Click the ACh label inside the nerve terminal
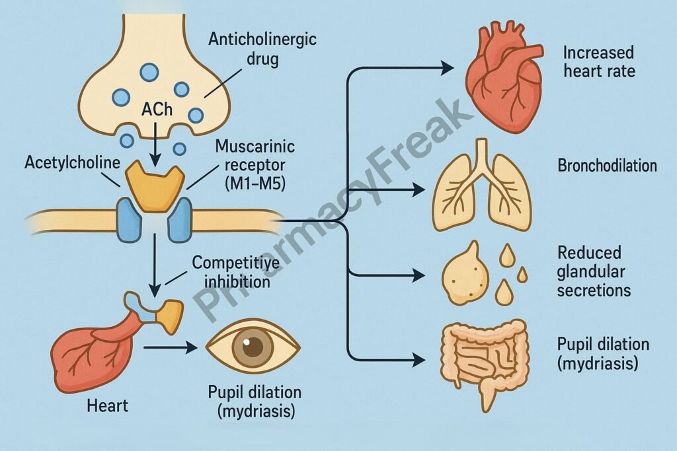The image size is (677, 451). coord(157,110)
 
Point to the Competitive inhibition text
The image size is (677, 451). coord(232,271)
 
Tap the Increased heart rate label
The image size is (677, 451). coord(599,61)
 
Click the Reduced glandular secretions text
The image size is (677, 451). coord(593,271)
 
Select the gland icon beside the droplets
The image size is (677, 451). coord(465,273)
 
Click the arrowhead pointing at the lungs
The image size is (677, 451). coord(418,190)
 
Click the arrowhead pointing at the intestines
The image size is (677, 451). coord(418,361)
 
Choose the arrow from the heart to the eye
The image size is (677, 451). coord(169,345)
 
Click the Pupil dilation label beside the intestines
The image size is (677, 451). coord(602,353)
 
